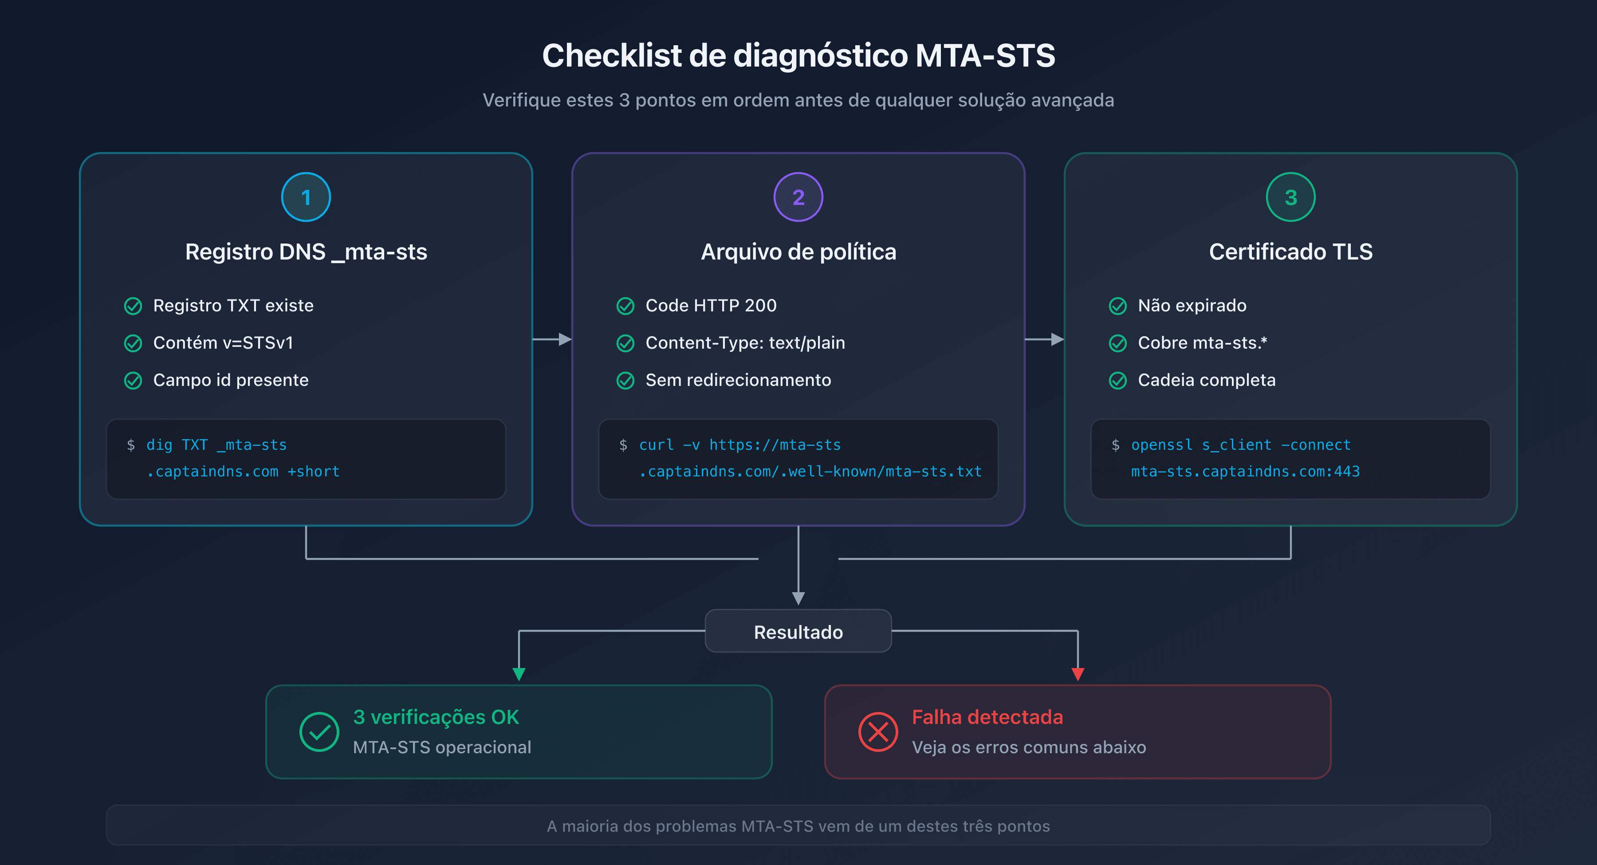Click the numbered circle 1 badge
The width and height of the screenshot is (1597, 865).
pos(306,197)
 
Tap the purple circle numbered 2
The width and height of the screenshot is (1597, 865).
pos(798,197)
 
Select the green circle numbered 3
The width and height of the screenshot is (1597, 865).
pos(1290,197)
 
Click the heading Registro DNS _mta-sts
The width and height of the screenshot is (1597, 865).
pos(306,252)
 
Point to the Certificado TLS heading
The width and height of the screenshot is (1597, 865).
pos(1290,252)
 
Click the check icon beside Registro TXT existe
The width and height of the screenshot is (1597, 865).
pos(133,306)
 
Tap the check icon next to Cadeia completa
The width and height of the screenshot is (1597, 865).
pos(1117,380)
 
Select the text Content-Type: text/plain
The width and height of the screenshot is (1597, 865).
pos(744,343)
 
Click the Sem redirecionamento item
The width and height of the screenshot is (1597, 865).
pos(738,380)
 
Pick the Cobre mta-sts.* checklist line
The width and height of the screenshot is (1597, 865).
pos(1202,343)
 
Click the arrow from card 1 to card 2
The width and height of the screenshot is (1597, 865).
pos(552,339)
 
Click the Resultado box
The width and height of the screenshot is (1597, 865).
pos(798,631)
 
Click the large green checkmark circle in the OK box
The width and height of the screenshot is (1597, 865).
pos(319,731)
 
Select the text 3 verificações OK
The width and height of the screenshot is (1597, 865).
pos(436,717)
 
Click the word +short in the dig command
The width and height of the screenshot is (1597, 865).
pos(314,472)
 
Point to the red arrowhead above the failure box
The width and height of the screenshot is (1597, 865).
pos(1078,674)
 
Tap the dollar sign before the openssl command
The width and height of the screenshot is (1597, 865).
pos(1115,445)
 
